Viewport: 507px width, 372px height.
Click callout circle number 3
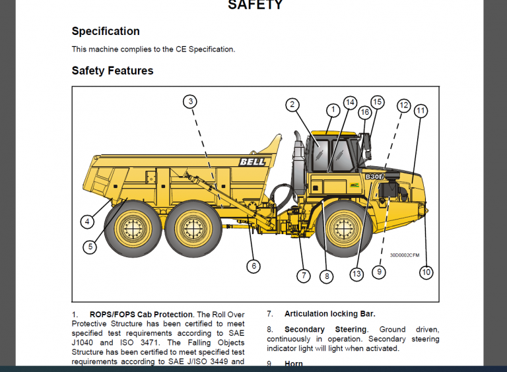point(190,101)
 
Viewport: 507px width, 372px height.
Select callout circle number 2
point(292,104)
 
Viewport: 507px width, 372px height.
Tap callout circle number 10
point(426,272)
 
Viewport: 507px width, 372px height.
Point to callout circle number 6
point(253,266)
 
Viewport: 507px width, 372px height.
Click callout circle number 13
point(357,274)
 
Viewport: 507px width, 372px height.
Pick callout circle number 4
point(87,222)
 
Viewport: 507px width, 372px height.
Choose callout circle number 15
point(377,102)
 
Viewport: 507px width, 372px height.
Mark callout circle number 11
point(421,111)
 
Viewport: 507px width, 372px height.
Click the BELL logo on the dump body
point(252,162)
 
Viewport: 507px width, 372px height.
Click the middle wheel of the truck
point(193,230)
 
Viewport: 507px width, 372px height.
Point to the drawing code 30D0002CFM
point(404,255)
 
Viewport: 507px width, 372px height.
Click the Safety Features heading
point(112,71)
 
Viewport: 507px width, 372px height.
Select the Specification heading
point(106,31)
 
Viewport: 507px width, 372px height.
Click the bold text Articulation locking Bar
point(329,314)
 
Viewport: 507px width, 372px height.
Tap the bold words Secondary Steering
point(325,329)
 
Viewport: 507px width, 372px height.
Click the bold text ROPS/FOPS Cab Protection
point(141,314)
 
